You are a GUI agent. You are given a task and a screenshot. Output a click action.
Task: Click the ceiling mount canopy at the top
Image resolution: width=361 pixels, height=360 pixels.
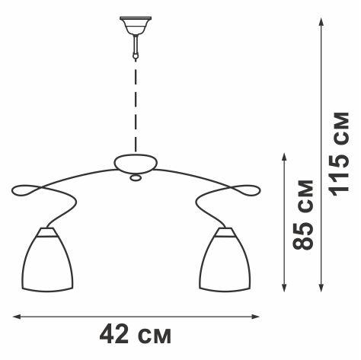point(136,25)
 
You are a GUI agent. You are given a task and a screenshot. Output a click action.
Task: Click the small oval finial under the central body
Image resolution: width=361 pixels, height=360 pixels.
point(136,178)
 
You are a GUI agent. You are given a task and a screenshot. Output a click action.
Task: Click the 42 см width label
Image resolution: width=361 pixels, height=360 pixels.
point(136,335)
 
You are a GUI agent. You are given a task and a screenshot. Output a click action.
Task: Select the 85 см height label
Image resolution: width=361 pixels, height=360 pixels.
point(303,215)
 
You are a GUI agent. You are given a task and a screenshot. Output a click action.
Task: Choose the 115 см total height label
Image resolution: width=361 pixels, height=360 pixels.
point(340,155)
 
